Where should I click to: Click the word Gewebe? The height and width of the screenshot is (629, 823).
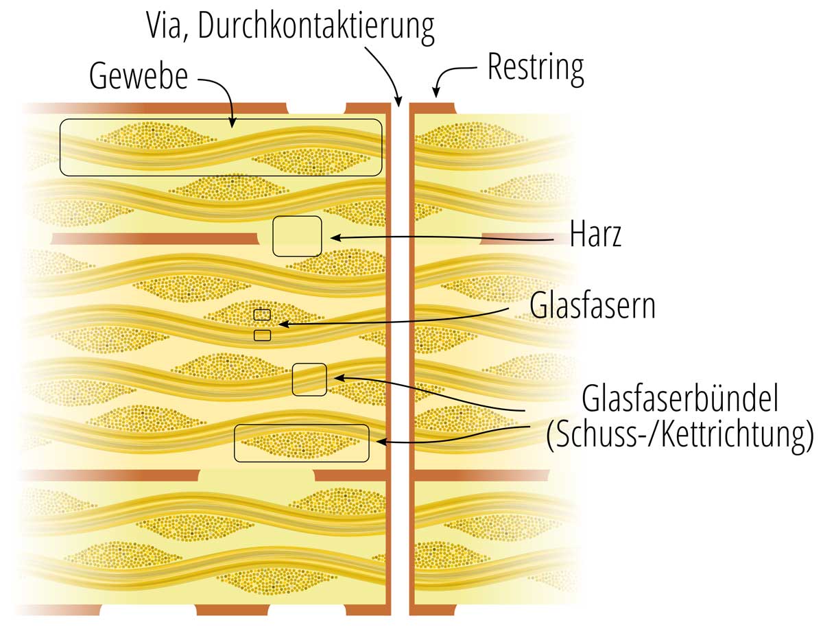[138, 76]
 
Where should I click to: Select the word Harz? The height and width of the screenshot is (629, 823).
[595, 235]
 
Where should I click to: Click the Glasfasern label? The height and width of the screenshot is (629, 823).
[592, 306]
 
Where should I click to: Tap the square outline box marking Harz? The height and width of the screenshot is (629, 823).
[297, 236]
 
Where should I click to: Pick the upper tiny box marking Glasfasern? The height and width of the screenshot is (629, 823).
[262, 315]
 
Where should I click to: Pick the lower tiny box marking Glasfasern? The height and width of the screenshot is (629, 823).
[262, 335]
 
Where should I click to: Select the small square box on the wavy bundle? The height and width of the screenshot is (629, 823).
[309, 379]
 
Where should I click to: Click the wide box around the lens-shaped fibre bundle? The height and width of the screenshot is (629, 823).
[302, 443]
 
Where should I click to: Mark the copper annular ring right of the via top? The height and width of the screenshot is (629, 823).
[432, 108]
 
